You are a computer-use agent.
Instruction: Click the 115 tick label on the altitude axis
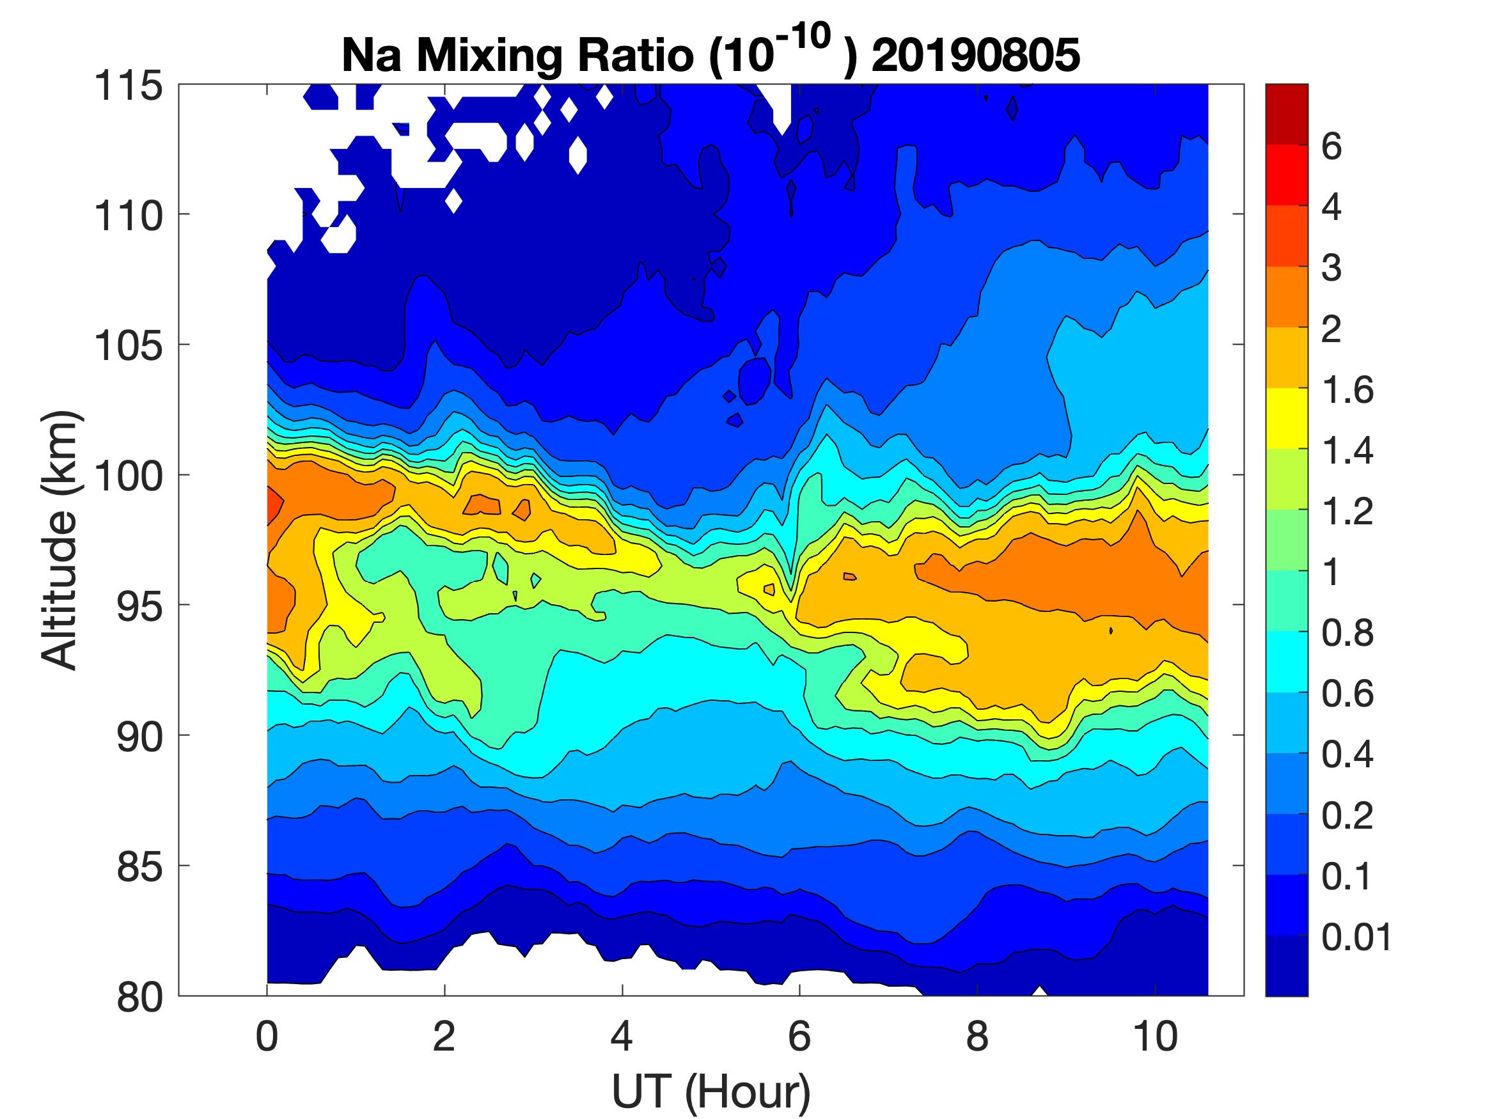[x=128, y=87]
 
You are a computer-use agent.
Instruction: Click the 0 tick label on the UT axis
[x=267, y=1037]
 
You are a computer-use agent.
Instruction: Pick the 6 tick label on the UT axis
[x=799, y=1037]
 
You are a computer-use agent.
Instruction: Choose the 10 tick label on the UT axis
[x=1156, y=1037]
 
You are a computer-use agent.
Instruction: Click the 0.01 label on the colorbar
[x=1356, y=937]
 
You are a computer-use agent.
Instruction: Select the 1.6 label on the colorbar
[x=1347, y=390]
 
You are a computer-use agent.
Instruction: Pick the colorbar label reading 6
[x=1331, y=146]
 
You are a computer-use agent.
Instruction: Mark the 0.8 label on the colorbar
[x=1347, y=634]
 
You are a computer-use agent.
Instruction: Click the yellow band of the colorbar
[x=1286, y=418]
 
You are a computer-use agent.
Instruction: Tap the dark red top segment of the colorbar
[x=1286, y=114]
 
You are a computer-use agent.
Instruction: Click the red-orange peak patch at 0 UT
[x=274, y=503]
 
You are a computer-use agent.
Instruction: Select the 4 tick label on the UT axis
[x=621, y=1037]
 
